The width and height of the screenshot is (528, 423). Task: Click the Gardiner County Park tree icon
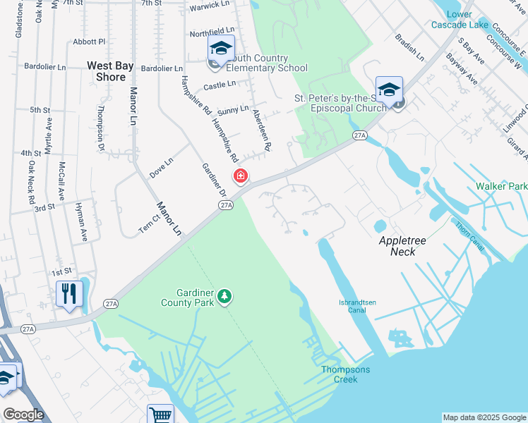[224, 296]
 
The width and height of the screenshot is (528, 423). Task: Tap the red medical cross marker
[241, 176]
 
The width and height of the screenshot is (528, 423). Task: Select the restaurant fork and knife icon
[68, 293]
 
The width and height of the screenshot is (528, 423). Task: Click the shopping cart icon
[160, 415]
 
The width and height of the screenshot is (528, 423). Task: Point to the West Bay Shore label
[110, 70]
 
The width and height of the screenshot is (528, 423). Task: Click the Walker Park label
[501, 186]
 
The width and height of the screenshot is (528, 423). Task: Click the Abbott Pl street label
[89, 42]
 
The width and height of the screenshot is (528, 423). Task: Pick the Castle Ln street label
[220, 85]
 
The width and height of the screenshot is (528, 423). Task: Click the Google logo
[23, 415]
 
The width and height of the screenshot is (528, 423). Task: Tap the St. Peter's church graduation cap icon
[389, 89]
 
